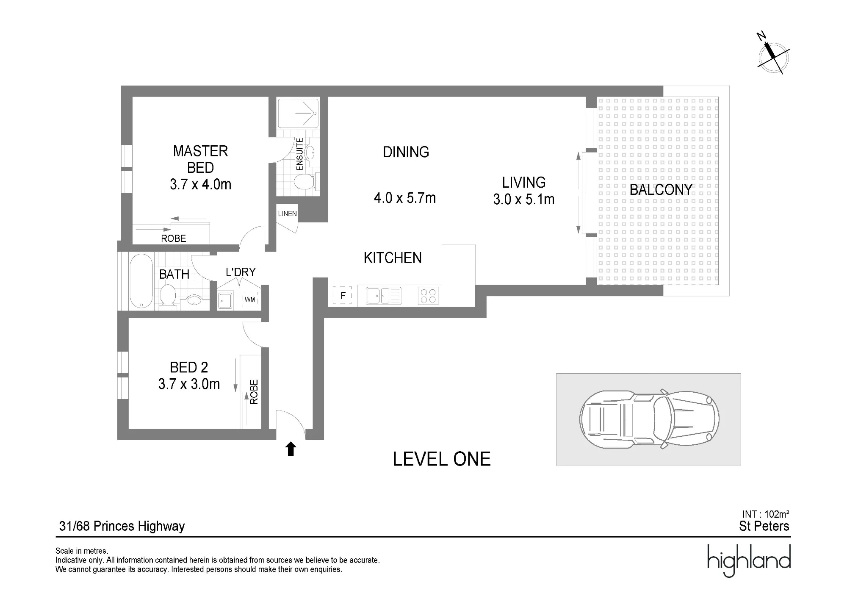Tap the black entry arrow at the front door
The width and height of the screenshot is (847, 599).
coord(291,449)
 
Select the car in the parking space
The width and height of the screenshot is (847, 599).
coord(649,419)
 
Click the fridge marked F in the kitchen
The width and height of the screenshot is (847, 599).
coord(343,295)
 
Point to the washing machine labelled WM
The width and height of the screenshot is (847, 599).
coord(250,299)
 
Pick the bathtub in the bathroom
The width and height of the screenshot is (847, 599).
coord(141,281)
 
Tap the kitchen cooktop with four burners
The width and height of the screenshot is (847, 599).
coord(428,296)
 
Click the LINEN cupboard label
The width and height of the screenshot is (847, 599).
coord(288,214)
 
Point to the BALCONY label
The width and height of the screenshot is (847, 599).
coord(661,189)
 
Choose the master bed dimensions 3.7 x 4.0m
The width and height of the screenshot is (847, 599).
coord(201,184)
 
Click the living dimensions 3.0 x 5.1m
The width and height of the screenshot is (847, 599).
coord(524,199)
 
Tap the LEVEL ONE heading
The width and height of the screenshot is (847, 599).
coord(442,459)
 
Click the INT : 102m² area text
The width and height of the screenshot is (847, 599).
coord(766,514)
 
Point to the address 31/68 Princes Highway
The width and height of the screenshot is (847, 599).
coord(122,526)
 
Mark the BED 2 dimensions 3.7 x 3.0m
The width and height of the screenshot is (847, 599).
coord(189,384)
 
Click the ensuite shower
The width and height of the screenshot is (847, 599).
coord(298,113)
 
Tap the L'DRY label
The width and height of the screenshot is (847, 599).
coord(241,272)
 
